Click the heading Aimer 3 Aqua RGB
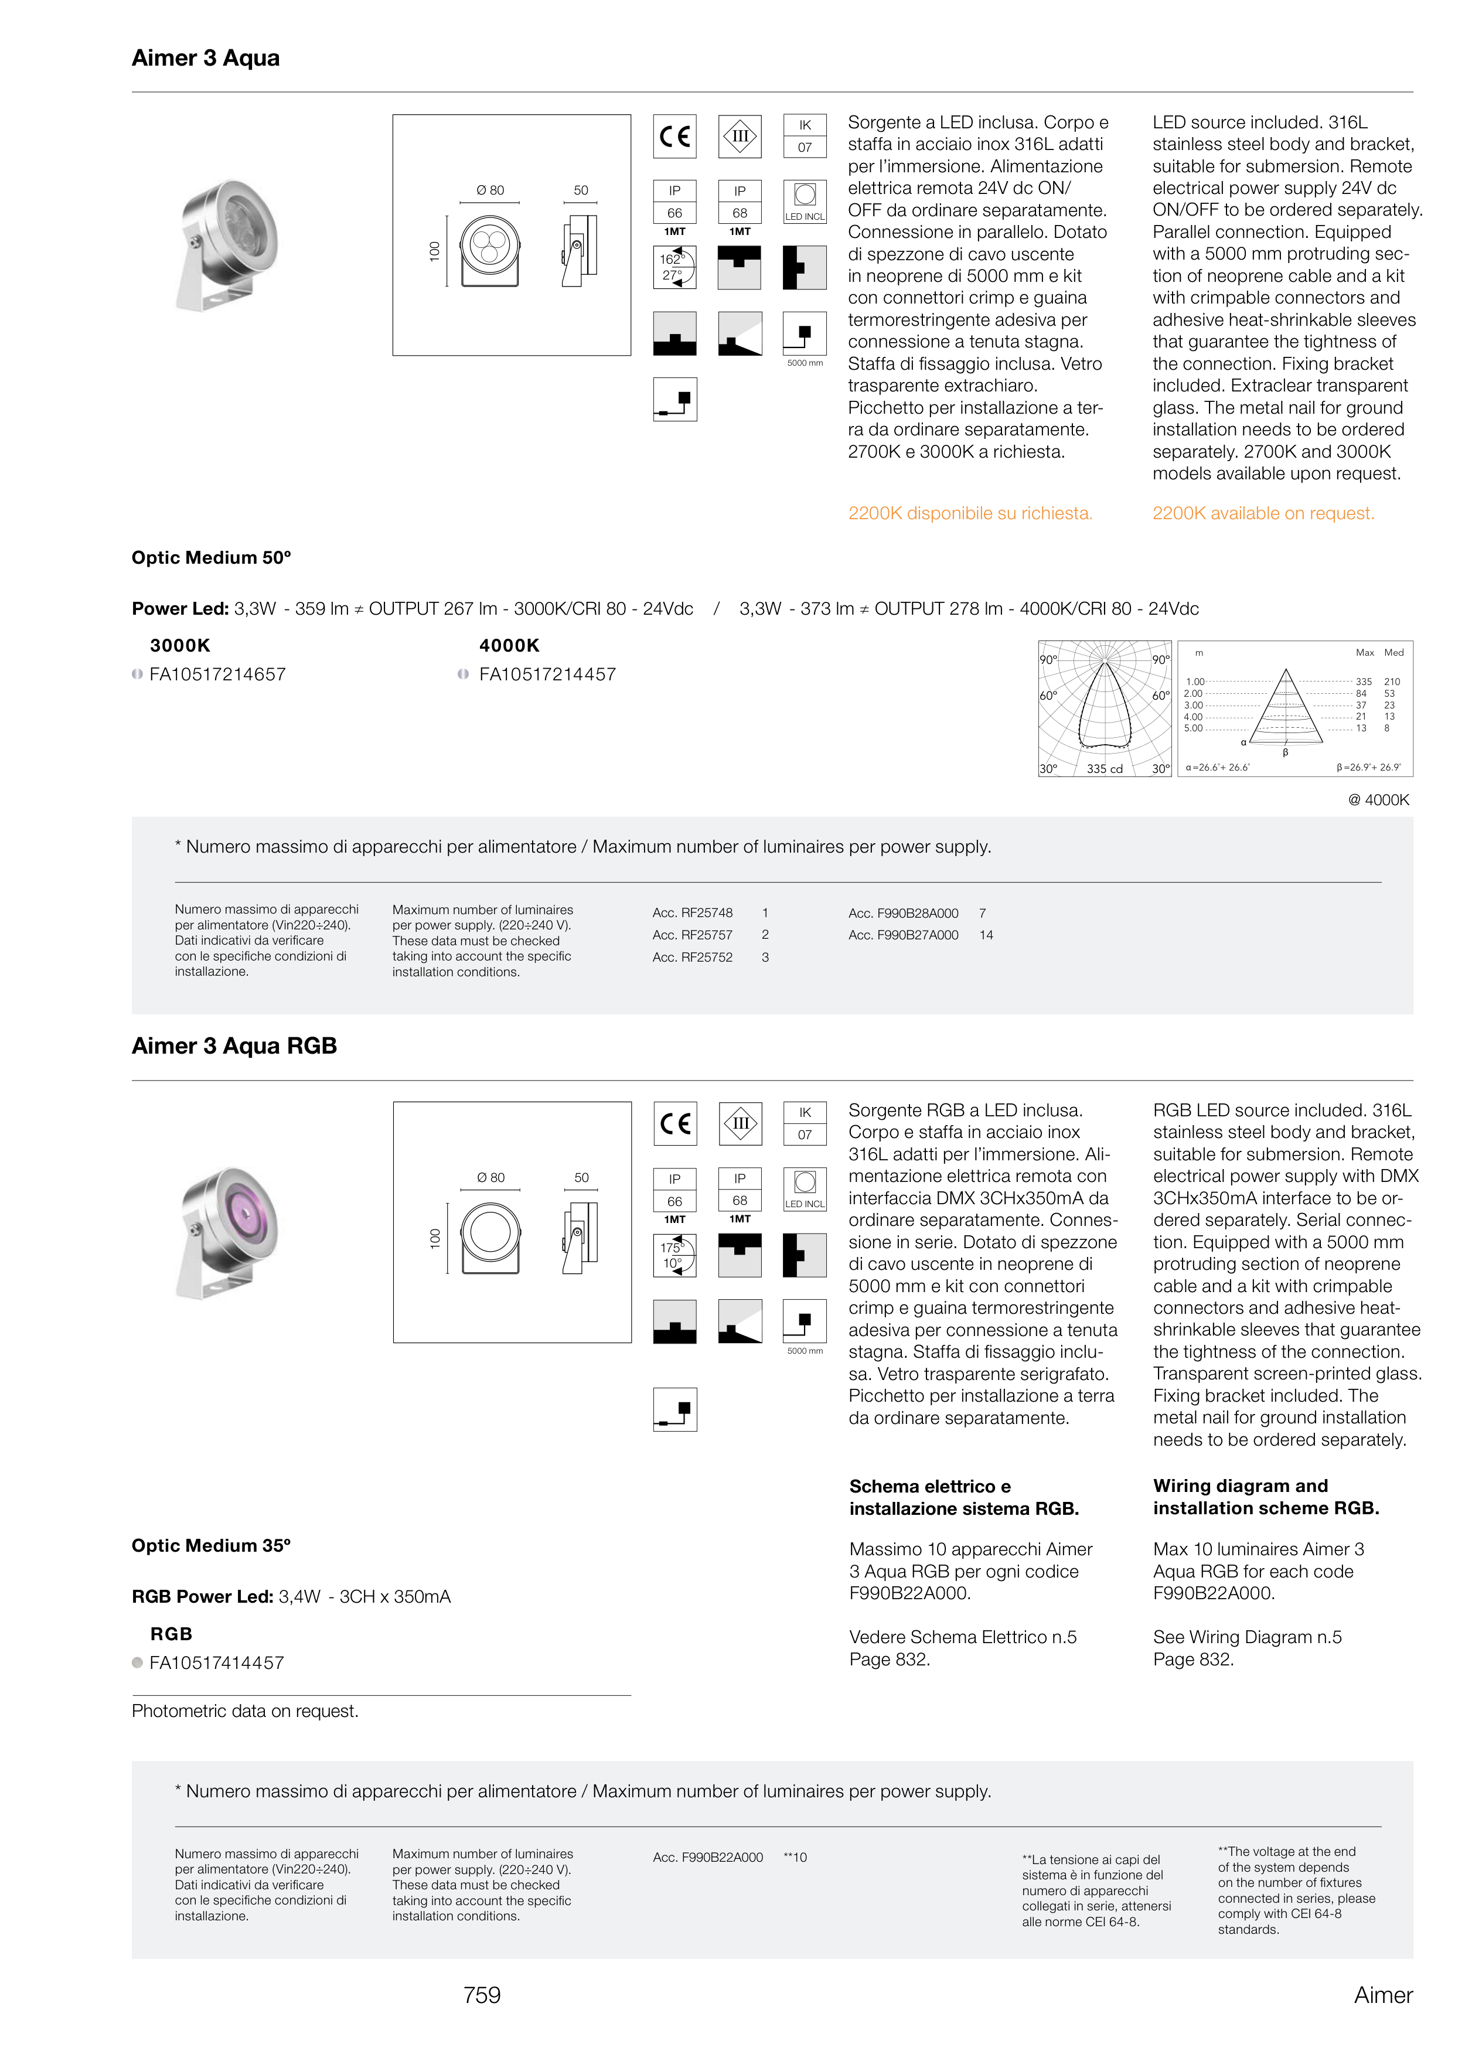pyautogui.click(x=234, y=1045)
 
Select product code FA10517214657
pyautogui.click(x=217, y=674)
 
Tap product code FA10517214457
pyautogui.click(x=547, y=674)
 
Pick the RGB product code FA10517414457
pyautogui.click(x=216, y=1662)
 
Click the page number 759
pyautogui.click(x=482, y=1995)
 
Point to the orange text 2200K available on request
pyautogui.click(x=1263, y=513)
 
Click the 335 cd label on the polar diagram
pyautogui.click(x=1104, y=768)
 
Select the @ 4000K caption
pyautogui.click(x=1378, y=800)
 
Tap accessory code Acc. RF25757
pyautogui.click(x=692, y=935)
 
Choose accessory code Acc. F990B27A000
pyautogui.click(x=903, y=935)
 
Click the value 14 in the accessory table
pyautogui.click(x=986, y=935)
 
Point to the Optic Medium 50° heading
pyautogui.click(x=211, y=557)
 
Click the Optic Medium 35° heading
pyautogui.click(x=211, y=1545)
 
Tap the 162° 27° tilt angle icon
pyautogui.click(x=674, y=268)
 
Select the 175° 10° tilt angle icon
pyautogui.click(x=674, y=1255)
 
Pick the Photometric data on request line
pyautogui.click(x=244, y=1711)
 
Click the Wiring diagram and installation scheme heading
pyautogui.click(x=1266, y=1497)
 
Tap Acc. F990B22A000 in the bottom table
pyautogui.click(x=707, y=1857)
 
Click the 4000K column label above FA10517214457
pyautogui.click(x=509, y=646)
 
